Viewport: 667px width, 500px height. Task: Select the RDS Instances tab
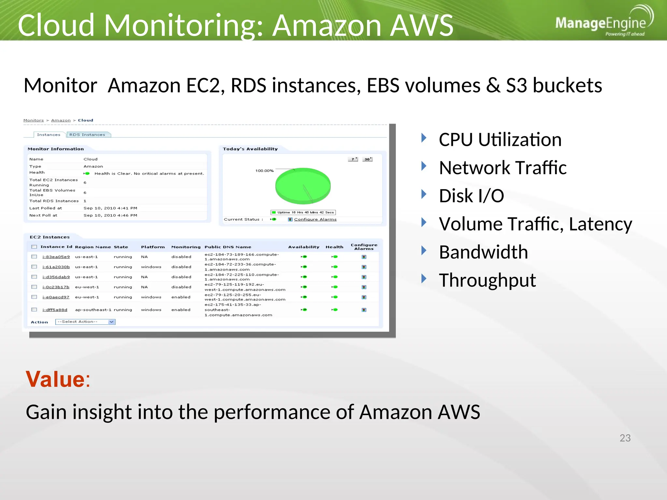(87, 135)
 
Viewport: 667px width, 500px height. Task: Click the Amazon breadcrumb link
(61, 120)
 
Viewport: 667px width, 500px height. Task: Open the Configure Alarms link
(315, 219)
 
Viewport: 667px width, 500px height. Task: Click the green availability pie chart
(303, 186)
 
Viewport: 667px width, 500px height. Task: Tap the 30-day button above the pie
(367, 159)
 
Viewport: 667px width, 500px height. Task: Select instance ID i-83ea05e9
(56, 257)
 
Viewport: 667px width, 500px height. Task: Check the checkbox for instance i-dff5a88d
(34, 310)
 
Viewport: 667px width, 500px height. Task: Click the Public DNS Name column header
(228, 247)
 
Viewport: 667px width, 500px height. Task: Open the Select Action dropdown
(85, 322)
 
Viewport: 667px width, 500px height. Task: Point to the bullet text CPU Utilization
(500, 140)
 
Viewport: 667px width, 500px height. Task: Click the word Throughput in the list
(487, 280)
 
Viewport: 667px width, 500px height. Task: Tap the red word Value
(56, 379)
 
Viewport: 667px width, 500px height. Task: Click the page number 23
(625, 438)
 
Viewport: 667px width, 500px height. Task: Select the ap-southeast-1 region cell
(93, 310)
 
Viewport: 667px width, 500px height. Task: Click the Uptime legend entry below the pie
(303, 213)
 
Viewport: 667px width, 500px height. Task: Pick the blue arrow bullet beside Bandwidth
(424, 251)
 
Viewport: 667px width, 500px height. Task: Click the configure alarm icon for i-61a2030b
(364, 267)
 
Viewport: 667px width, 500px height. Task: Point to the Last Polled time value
(110, 208)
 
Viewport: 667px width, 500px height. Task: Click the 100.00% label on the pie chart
(264, 171)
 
